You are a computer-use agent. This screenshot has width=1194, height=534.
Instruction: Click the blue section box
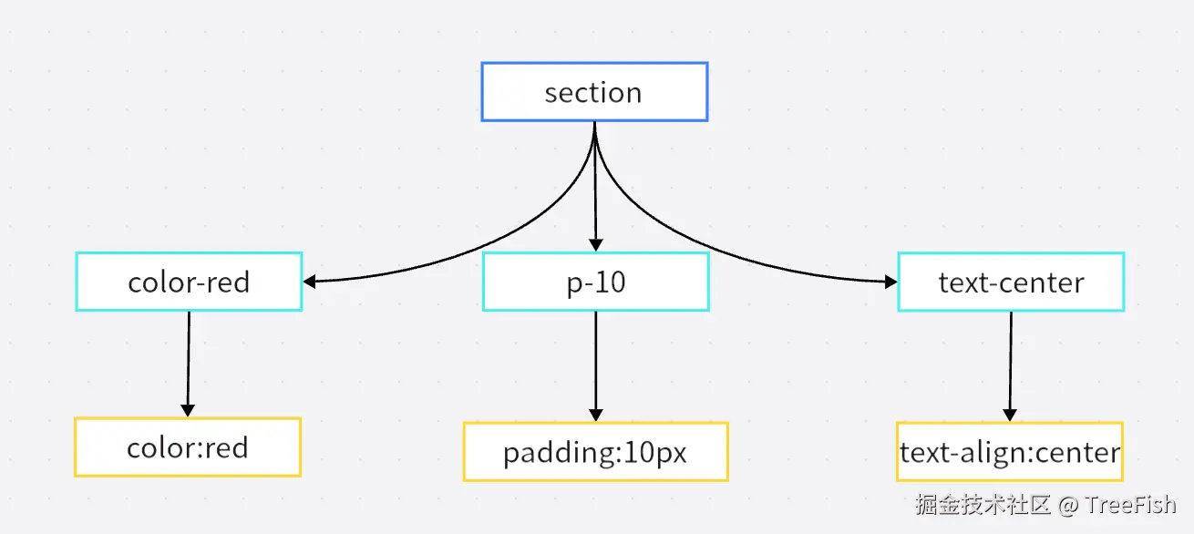click(594, 92)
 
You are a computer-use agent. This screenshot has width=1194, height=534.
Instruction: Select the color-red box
click(189, 282)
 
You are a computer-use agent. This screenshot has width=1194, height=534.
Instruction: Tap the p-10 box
click(595, 282)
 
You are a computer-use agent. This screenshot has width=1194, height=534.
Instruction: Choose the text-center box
click(1011, 282)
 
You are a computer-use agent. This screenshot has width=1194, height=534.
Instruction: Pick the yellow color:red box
click(188, 447)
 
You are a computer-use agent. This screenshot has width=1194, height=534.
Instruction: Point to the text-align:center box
click(1010, 452)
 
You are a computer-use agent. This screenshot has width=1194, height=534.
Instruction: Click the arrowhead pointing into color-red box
click(310, 282)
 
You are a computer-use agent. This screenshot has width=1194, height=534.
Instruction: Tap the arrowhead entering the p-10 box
click(595, 244)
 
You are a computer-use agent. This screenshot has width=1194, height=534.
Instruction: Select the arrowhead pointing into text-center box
click(890, 282)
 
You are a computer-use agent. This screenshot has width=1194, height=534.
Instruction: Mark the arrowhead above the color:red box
click(188, 410)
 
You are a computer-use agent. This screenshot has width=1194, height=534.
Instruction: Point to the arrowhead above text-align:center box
click(1010, 415)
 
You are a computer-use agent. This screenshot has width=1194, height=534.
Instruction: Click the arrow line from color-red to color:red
click(189, 360)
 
